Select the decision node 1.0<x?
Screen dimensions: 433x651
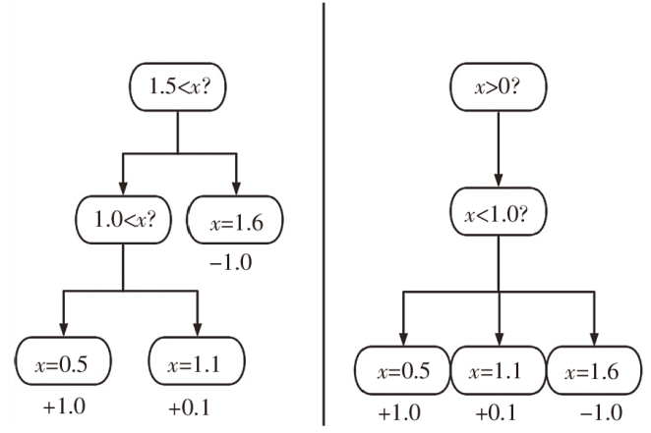click(123, 218)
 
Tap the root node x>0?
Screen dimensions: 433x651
click(499, 87)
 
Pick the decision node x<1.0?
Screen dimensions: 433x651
click(499, 218)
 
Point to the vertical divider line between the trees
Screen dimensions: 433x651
click(325, 216)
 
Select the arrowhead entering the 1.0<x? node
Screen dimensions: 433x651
click(123, 186)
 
